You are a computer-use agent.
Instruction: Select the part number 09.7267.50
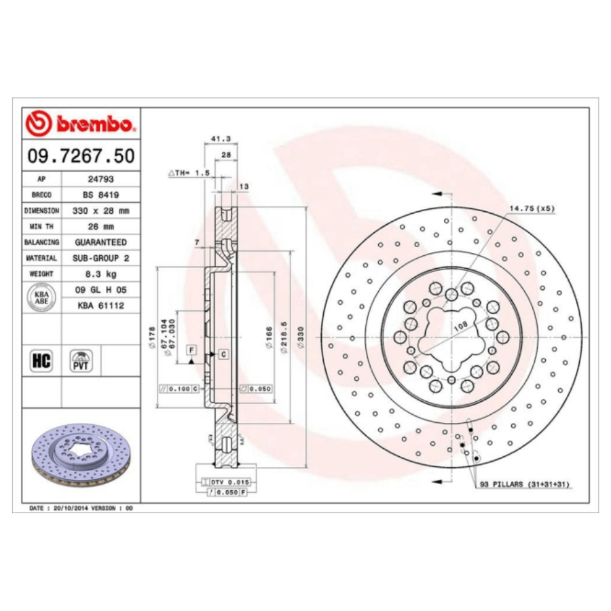tap(81, 157)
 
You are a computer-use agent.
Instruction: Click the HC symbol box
tap(41, 360)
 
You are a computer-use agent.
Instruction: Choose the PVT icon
tap(81, 360)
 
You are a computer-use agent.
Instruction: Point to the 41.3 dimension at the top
tap(221, 138)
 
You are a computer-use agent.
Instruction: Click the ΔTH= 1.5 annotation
tap(189, 173)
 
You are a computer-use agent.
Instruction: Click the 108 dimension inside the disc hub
tap(460, 327)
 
